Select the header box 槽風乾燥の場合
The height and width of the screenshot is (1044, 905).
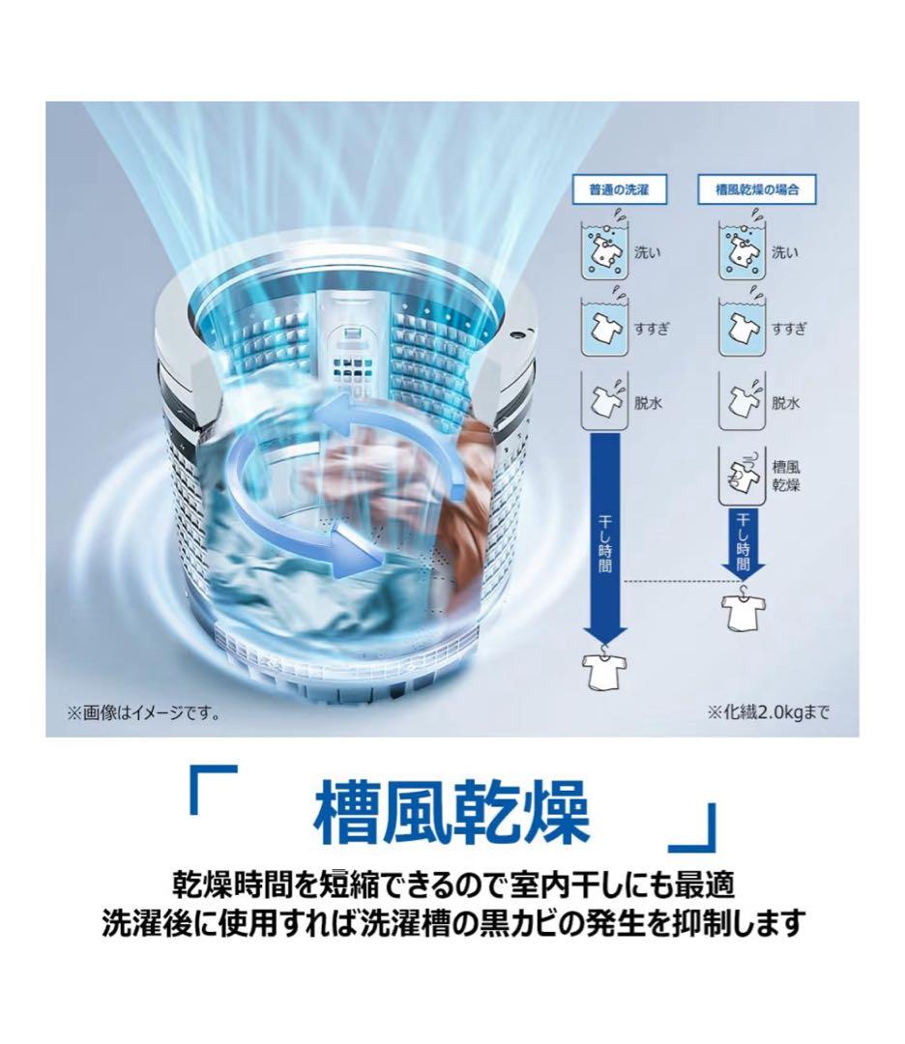[x=757, y=190]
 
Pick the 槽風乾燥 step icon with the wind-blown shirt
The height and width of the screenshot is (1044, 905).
[x=742, y=474]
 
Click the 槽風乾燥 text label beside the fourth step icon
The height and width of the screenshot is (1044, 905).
[x=786, y=475]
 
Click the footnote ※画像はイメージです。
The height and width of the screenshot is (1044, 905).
[x=143, y=714]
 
